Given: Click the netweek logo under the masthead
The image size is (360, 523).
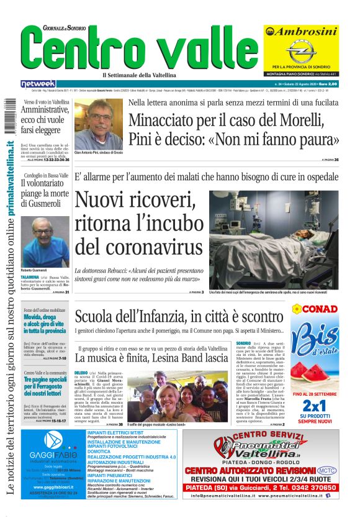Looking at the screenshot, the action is coord(38,83).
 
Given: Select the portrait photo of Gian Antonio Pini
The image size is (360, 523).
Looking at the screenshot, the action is coord(98,124).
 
